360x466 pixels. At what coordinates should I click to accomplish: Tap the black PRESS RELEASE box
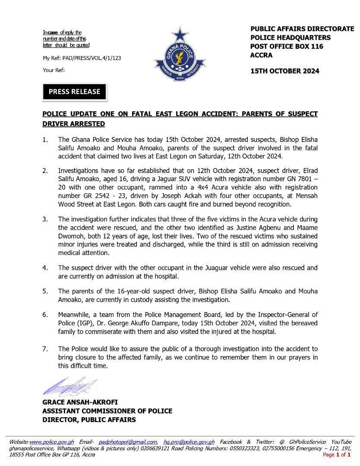[x=74, y=91]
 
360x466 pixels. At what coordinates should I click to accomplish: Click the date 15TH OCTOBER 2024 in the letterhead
[x=285, y=71]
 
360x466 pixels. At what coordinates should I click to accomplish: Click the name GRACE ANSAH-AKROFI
[x=80, y=402]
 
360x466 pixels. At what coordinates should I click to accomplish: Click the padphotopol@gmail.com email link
[x=128, y=442]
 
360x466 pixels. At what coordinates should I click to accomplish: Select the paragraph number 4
[x=45, y=268]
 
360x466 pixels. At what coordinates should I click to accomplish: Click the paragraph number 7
[x=45, y=349]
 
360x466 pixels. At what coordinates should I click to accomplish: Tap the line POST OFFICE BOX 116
[x=287, y=46]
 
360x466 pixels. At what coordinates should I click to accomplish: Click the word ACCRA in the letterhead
[x=262, y=55]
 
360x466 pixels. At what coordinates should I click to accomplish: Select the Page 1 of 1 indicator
[x=337, y=454]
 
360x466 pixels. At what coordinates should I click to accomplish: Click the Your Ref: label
[x=54, y=70]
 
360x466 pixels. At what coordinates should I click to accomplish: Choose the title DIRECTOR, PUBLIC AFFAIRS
[x=89, y=420]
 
